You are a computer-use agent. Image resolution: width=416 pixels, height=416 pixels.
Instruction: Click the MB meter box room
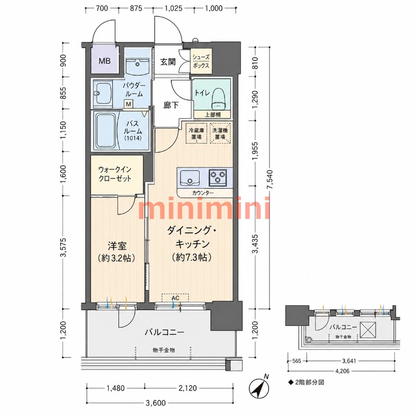pyautogui.click(x=105, y=60)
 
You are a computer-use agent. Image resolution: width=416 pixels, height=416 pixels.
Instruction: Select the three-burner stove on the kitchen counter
pyautogui.click(x=217, y=177)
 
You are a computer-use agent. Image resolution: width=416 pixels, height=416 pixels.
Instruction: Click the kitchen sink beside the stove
pyautogui.click(x=190, y=178)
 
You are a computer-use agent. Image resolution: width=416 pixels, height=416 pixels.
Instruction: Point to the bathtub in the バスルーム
pyautogui.click(x=105, y=131)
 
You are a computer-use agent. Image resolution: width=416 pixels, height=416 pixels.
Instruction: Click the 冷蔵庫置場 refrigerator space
pyautogui.click(x=197, y=133)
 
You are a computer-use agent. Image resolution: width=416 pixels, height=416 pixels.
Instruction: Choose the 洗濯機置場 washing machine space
pyautogui.click(x=220, y=133)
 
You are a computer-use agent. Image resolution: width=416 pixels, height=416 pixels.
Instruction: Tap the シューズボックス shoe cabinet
pyautogui.click(x=201, y=61)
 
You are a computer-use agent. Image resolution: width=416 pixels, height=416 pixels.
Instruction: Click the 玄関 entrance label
pyautogui.click(x=167, y=62)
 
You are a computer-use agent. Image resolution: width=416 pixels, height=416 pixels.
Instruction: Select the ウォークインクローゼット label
pyautogui.click(x=115, y=174)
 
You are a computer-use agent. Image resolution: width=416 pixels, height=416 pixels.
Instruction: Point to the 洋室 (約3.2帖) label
pyautogui.click(x=116, y=252)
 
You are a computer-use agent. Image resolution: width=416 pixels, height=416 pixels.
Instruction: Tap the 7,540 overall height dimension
pyautogui.click(x=269, y=179)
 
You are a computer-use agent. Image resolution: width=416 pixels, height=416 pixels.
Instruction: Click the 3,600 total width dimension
pyautogui.click(x=155, y=402)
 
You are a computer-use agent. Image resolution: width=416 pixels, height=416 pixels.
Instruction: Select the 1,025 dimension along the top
pyautogui.click(x=174, y=8)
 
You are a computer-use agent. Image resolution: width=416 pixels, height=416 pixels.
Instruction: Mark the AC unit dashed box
pyautogui.click(x=175, y=298)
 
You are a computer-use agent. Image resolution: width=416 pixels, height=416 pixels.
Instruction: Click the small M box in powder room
pyautogui.click(x=128, y=104)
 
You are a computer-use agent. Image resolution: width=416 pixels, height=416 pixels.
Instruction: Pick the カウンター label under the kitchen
pyautogui.click(x=203, y=193)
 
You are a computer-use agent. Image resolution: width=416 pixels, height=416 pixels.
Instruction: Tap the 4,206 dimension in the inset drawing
pyautogui.click(x=342, y=371)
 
